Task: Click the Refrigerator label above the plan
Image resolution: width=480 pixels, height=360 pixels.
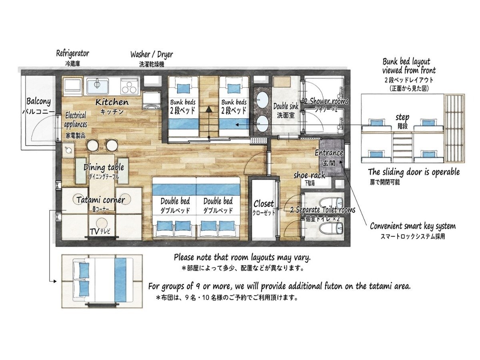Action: pyautogui.click(x=73, y=53)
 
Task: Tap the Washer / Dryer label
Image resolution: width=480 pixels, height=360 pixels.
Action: pyautogui.click(x=152, y=54)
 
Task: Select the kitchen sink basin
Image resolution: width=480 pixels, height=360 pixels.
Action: pyautogui.click(x=98, y=86)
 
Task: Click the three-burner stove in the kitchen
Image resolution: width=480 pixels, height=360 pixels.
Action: pyautogui.click(x=130, y=86)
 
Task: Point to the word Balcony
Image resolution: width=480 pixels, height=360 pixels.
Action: pyautogui.click(x=38, y=102)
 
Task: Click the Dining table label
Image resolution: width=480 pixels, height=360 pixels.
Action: pyautogui.click(x=104, y=168)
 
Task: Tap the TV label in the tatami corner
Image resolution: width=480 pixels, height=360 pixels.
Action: pyautogui.click(x=95, y=232)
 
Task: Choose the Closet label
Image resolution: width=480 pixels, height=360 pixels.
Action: pyautogui.click(x=264, y=204)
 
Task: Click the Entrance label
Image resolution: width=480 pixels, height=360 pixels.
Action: pyautogui.click(x=329, y=153)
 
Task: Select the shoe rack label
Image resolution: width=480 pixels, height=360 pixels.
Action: pyautogui.click(x=309, y=175)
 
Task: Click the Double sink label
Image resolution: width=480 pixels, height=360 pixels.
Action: pyautogui.click(x=286, y=106)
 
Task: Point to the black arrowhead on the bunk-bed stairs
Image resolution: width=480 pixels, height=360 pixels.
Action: pyautogui.click(x=209, y=109)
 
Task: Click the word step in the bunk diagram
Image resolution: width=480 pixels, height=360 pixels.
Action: pyautogui.click(x=402, y=118)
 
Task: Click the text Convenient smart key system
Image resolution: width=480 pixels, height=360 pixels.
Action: pyautogui.click(x=413, y=226)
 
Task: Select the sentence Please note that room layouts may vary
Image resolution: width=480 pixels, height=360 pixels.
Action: pyautogui.click(x=242, y=258)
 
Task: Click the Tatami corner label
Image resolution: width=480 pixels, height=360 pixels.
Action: pyautogui.click(x=100, y=200)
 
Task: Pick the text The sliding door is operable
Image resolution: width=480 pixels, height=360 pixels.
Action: pyautogui.click(x=414, y=172)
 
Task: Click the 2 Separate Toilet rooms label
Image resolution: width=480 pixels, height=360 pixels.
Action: pyautogui.click(x=322, y=210)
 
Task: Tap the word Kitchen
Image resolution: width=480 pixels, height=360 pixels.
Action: pyautogui.click(x=112, y=102)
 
